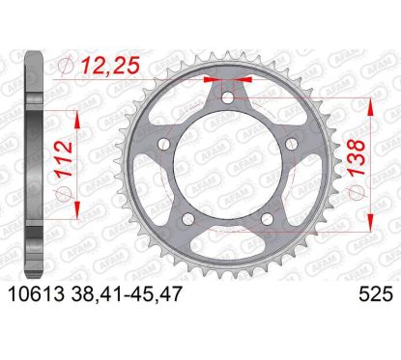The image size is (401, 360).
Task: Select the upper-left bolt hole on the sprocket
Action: pyautogui.click(x=162, y=145)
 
